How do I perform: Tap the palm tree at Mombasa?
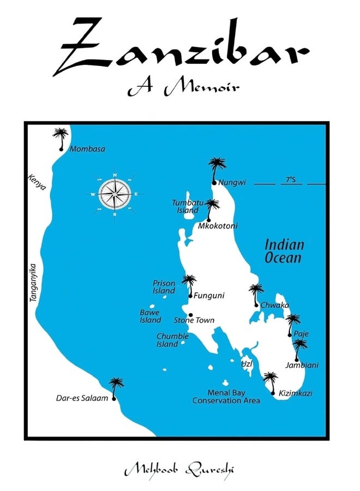click(x=61, y=137)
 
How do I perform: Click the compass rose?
click(x=115, y=194)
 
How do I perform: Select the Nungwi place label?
click(x=229, y=183)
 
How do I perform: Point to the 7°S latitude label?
click(x=291, y=179)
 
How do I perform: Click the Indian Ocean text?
click(x=284, y=251)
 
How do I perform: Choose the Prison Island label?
click(x=164, y=287)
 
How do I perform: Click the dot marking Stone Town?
click(x=190, y=315)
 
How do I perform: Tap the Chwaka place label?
click(x=274, y=306)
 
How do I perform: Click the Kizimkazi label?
click(x=296, y=393)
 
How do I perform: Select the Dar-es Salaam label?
click(x=82, y=398)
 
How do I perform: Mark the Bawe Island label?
click(x=150, y=316)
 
